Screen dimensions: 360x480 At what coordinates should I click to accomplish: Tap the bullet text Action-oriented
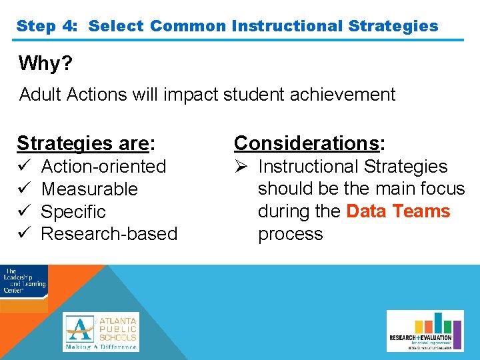(x=103, y=166)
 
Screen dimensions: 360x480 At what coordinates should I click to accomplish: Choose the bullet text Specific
(x=73, y=211)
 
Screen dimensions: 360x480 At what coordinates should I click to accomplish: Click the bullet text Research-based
(x=109, y=234)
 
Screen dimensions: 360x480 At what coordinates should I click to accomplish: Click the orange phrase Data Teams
(x=399, y=211)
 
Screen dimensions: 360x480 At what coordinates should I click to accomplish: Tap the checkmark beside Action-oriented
(x=23, y=166)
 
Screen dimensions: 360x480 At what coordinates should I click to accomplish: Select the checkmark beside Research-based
(x=23, y=234)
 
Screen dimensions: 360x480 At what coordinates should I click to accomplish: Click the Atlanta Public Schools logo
(x=101, y=331)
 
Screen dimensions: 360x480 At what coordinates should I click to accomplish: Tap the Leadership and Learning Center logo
(x=24, y=281)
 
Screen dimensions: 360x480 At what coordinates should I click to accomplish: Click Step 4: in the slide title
(x=47, y=26)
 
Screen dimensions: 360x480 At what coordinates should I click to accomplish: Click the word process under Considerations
(x=291, y=234)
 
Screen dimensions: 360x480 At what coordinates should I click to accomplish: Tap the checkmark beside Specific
(x=23, y=211)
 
